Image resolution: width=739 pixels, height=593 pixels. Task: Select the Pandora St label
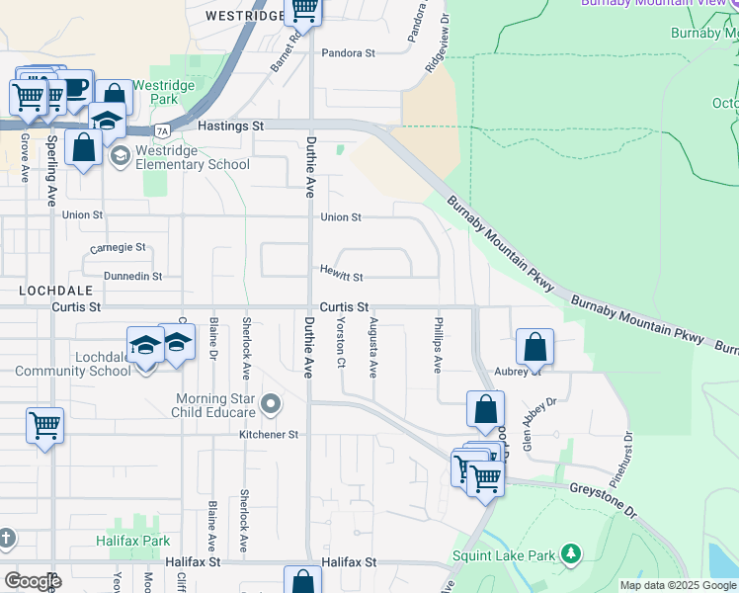tap(347, 52)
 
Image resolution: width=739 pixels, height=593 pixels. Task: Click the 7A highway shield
tap(162, 130)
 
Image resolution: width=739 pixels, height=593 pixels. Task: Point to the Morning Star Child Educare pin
tap(274, 404)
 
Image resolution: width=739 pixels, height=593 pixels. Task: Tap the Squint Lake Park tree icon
tap(570, 555)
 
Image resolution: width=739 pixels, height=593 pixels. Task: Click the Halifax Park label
tap(133, 541)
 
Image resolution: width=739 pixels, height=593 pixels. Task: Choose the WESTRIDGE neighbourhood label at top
tap(243, 16)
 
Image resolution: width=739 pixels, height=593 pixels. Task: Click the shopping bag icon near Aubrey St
tap(534, 347)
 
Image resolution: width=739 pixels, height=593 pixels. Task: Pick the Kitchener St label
tap(269, 434)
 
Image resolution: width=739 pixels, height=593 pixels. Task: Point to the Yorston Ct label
tap(341, 341)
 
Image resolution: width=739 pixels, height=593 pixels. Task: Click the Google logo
tap(33, 580)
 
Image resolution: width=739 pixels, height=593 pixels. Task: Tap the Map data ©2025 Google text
tap(678, 585)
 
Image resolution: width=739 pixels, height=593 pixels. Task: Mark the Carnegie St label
tap(118, 247)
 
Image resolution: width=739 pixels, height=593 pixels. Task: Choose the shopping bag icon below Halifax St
tap(302, 581)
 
